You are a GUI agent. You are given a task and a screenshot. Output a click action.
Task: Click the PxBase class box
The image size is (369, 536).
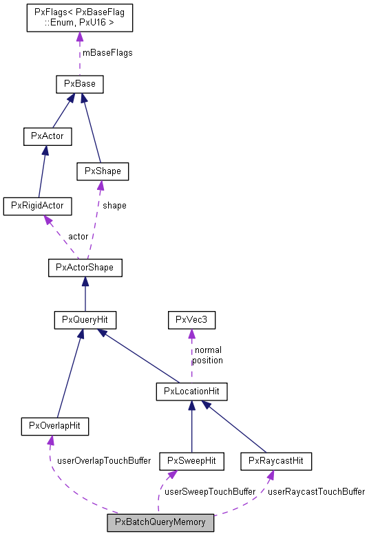[x=80, y=84]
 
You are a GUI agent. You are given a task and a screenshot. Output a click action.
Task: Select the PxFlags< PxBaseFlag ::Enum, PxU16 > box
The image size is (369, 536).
[x=80, y=18]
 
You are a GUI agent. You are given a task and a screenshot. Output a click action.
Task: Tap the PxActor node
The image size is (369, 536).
[x=48, y=136]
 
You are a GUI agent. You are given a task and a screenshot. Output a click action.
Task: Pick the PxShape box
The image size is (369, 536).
[x=103, y=171]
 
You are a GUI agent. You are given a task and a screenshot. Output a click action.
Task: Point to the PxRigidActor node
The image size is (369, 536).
[x=38, y=206]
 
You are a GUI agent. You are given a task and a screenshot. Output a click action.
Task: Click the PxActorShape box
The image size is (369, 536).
[x=85, y=268]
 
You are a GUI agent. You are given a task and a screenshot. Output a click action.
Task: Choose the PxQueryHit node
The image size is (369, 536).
[x=85, y=320]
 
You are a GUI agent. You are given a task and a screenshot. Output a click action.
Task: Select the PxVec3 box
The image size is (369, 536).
[x=192, y=320]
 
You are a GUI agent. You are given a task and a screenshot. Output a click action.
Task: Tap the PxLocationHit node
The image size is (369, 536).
[x=192, y=392]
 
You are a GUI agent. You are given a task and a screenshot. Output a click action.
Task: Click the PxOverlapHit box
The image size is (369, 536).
[x=54, y=427]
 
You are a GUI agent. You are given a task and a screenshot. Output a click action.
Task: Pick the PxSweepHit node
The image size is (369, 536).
[x=192, y=461]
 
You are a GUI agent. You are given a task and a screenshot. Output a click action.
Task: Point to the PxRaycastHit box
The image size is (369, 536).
[x=276, y=461]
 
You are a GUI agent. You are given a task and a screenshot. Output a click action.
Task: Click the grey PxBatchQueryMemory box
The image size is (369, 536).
[x=160, y=523]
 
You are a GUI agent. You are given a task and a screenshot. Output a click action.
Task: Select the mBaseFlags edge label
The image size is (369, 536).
[x=107, y=53]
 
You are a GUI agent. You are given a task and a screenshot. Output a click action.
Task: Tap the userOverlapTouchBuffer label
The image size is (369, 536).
[x=104, y=461]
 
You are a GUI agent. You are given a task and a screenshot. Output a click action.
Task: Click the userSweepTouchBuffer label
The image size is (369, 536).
[x=210, y=491]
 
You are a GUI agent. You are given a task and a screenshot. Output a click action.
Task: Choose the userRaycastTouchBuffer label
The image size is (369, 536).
[x=316, y=491]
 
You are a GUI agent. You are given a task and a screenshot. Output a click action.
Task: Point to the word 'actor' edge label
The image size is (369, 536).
[x=78, y=237]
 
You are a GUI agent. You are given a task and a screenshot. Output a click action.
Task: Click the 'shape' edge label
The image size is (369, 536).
[x=114, y=206]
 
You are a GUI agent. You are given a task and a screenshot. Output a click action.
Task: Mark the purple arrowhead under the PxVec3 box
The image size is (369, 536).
[x=192, y=334]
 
